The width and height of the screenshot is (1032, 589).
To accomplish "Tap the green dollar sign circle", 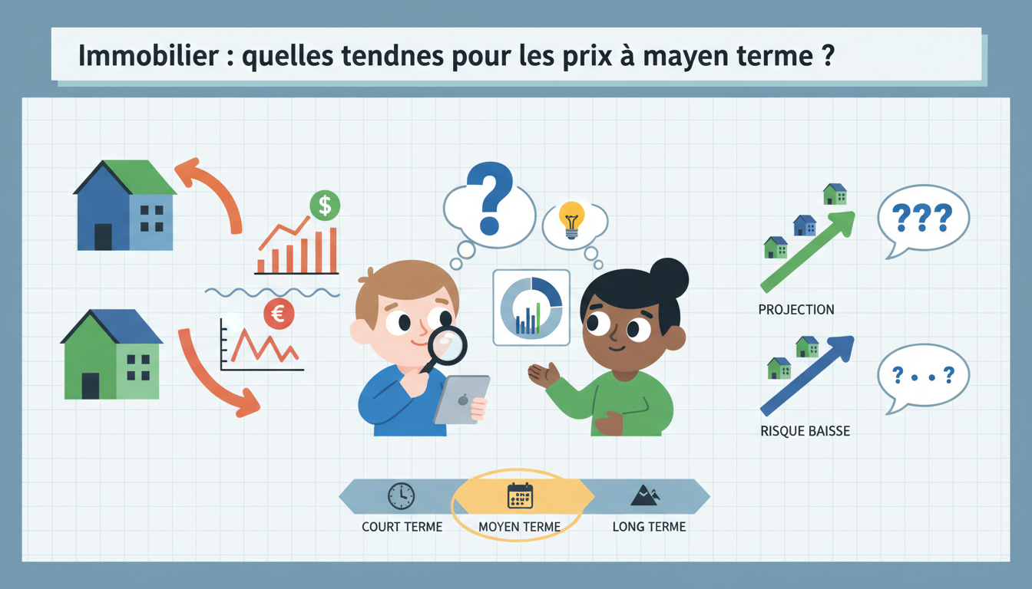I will coord(325,205).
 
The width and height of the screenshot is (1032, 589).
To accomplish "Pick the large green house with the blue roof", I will coord(112,354).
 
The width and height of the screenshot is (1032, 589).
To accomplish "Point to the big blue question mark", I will coord(488,197).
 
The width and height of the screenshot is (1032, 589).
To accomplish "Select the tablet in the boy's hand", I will coord(461,399).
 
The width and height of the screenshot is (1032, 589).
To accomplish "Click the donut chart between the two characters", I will coord(531,308).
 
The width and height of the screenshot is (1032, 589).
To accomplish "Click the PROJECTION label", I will coord(795,310).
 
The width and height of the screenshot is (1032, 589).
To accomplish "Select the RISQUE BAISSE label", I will coord(805,431).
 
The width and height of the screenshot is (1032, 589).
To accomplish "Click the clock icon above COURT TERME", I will coord(401,496).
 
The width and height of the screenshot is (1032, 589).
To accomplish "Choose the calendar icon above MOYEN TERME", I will coord(520,496).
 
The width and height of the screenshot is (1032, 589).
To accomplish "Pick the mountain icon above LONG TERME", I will coord(643,495).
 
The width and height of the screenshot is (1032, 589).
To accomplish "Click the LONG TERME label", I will coord(649,527).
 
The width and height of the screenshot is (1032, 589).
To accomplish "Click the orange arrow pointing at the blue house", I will coord(212,188).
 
